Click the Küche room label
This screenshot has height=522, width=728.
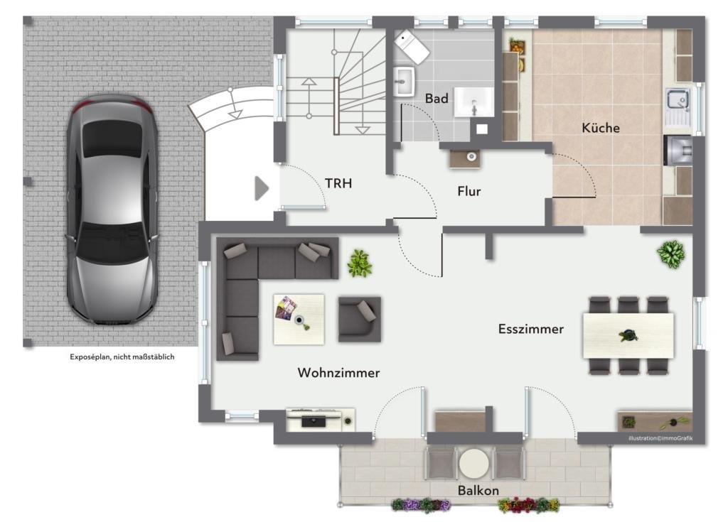[x=600, y=128]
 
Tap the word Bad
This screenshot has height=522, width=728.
[x=437, y=99]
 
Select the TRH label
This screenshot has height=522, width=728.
[x=338, y=183]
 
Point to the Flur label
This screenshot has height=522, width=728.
[x=469, y=191]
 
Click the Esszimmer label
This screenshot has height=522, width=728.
[x=530, y=329]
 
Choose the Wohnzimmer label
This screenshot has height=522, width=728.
[x=338, y=373]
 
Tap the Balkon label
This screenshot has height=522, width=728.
[x=478, y=491]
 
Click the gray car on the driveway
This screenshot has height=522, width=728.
[x=112, y=210]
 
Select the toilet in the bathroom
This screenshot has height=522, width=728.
[x=412, y=46]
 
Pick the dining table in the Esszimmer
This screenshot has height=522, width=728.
[x=628, y=335]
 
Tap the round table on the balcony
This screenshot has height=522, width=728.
[x=474, y=464]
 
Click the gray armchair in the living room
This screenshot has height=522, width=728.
[x=359, y=319]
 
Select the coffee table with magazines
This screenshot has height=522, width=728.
[x=299, y=319]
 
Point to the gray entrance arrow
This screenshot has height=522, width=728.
[x=262, y=188]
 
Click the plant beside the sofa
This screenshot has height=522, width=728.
[x=359, y=263]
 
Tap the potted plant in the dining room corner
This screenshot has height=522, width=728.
[x=670, y=254]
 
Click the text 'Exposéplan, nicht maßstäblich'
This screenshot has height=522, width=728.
[x=122, y=357]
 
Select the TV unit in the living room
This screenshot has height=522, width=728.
[x=321, y=420]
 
